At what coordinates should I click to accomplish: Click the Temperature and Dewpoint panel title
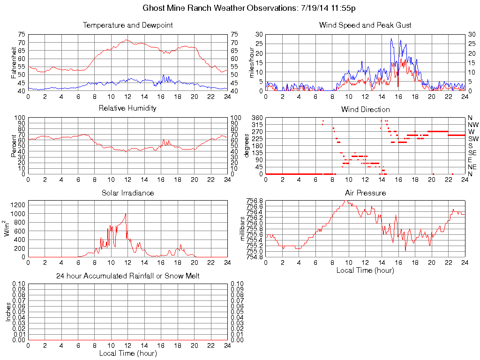(127, 25)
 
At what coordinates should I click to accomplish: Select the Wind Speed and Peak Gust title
(365, 25)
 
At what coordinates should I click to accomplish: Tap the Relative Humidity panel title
(127, 108)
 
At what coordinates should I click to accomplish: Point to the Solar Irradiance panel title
(127, 193)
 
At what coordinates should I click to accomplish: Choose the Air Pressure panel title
(365, 193)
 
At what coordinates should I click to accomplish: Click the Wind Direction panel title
(365, 110)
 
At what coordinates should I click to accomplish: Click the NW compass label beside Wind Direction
(473, 125)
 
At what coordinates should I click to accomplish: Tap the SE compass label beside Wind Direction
(472, 153)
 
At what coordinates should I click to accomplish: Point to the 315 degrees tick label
(257, 125)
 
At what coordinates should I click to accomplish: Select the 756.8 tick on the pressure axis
(255, 201)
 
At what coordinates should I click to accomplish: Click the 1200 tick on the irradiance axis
(18, 205)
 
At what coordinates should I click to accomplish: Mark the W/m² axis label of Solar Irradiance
(8, 229)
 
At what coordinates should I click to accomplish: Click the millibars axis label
(242, 229)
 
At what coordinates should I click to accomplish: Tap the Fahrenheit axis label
(14, 63)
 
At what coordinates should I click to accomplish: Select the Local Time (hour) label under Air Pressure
(365, 270)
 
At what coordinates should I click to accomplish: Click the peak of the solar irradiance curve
(126, 214)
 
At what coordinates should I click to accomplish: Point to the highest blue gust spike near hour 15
(391, 38)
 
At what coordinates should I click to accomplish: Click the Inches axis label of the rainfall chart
(8, 312)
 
